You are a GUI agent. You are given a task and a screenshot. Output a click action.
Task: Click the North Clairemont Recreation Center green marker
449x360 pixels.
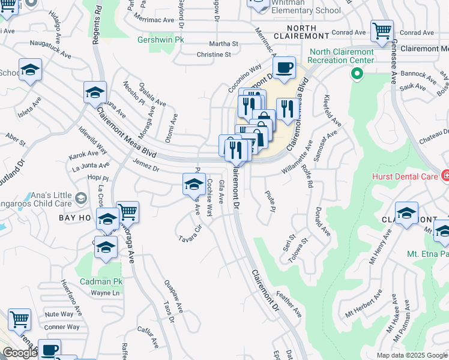(357, 74)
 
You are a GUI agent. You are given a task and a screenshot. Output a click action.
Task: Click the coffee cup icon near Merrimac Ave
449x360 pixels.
(284, 68)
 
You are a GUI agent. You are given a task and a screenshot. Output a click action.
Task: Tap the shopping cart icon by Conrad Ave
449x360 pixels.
(382, 31)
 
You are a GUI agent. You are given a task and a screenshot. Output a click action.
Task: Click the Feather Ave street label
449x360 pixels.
(289, 304)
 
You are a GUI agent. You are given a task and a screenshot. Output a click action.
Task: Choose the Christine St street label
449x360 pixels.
(214, 55)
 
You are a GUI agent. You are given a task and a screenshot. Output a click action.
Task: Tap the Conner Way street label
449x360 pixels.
(61, 327)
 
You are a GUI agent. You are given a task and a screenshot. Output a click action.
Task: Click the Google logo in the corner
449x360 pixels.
(20, 353)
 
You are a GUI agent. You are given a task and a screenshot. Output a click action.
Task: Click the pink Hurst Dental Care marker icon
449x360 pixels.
(446, 176)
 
